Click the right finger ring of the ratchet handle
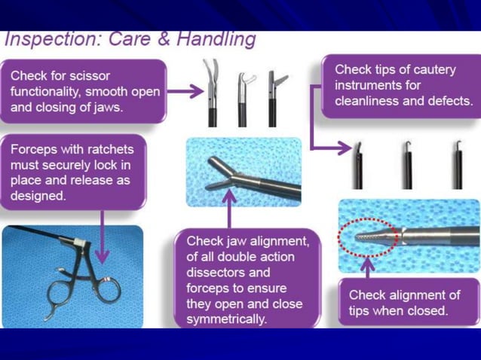109,288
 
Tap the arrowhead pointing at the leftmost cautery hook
345,148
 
